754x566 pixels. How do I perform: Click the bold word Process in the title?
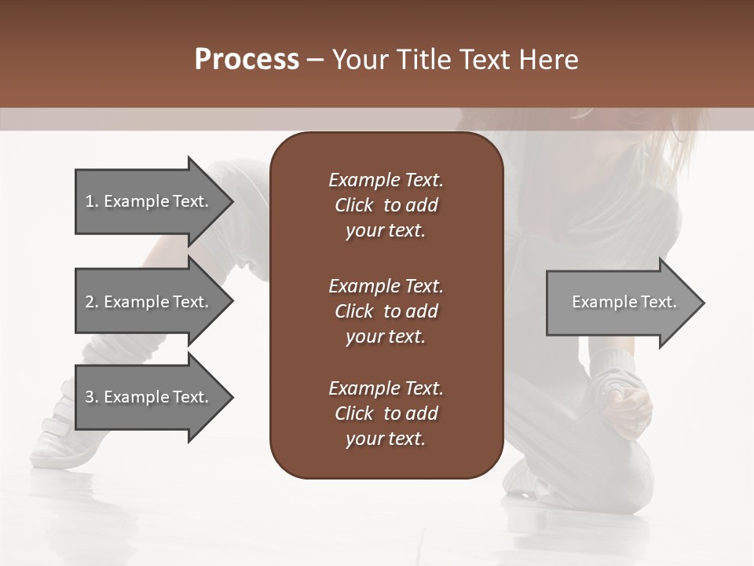pyautogui.click(x=247, y=59)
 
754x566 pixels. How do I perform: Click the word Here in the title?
pyautogui.click(x=548, y=59)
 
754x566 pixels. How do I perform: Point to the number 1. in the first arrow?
pyautogui.click(x=92, y=201)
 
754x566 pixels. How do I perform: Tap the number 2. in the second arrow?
pyautogui.click(x=92, y=302)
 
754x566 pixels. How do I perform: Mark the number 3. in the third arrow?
pyautogui.click(x=92, y=397)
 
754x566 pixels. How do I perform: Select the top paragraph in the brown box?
pyautogui.click(x=386, y=205)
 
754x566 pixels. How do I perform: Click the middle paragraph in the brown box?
pyautogui.click(x=386, y=311)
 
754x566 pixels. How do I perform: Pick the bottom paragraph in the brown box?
pyautogui.click(x=386, y=413)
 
